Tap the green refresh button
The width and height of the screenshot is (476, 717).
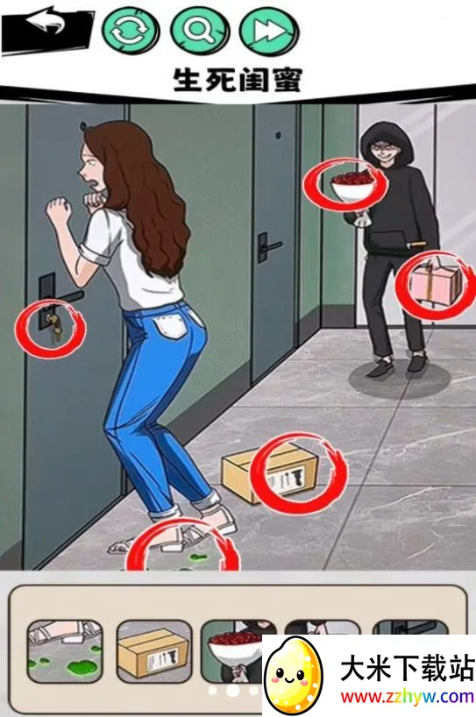(x=131, y=31)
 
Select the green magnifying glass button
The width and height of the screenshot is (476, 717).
(x=200, y=31)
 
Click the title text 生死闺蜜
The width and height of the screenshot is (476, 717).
(x=238, y=80)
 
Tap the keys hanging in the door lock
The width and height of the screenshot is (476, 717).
(x=53, y=324)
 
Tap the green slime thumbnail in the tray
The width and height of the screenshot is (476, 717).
(x=65, y=651)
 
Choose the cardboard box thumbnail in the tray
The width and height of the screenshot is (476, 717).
(x=154, y=651)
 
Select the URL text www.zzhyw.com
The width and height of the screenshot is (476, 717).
(x=407, y=698)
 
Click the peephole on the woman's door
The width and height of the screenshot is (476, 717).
(x=82, y=125)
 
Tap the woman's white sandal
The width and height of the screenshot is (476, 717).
(x=215, y=523)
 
